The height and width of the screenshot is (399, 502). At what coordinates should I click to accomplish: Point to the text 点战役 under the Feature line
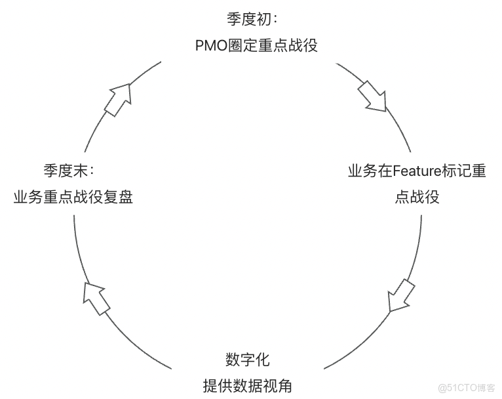point(417,197)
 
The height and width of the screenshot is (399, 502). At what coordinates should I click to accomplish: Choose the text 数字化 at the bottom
point(247,360)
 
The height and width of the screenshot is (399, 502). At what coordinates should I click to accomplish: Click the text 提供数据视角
point(247,386)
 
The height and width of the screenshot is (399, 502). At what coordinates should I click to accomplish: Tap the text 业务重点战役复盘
point(73,197)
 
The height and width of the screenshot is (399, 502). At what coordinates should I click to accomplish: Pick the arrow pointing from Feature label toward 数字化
point(400,295)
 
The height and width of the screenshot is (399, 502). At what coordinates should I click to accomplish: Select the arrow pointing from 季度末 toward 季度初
point(119,99)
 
